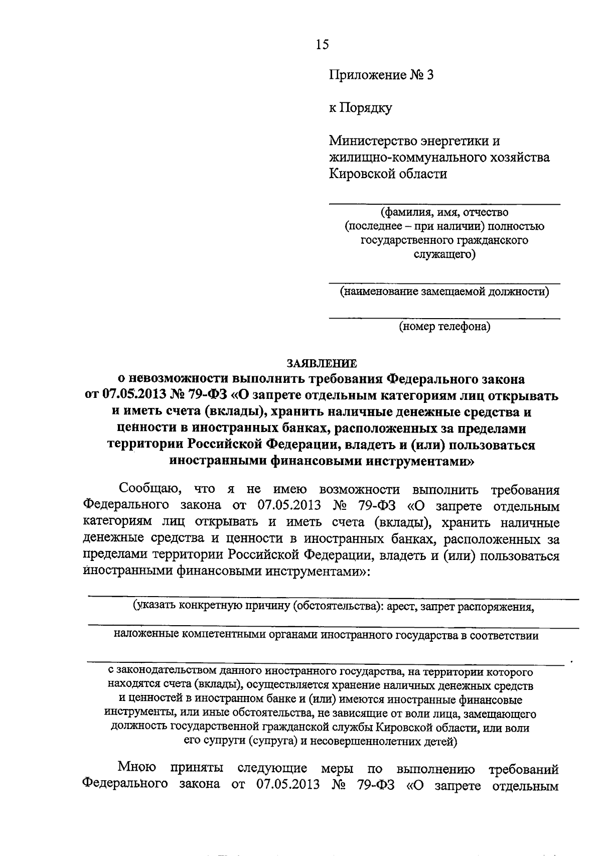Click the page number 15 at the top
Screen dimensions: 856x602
click(x=323, y=45)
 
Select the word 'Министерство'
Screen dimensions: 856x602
click(x=374, y=141)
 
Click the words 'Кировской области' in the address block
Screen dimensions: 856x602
click(x=387, y=174)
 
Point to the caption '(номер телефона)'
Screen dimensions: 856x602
click(x=444, y=327)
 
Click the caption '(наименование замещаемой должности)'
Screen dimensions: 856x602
click(x=444, y=292)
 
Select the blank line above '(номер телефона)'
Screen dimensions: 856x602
click(x=444, y=318)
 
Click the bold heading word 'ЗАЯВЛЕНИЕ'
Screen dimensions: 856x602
click(x=322, y=362)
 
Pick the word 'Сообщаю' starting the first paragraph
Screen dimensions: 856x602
click(x=146, y=490)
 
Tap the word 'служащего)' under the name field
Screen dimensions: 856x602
click(x=444, y=255)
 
